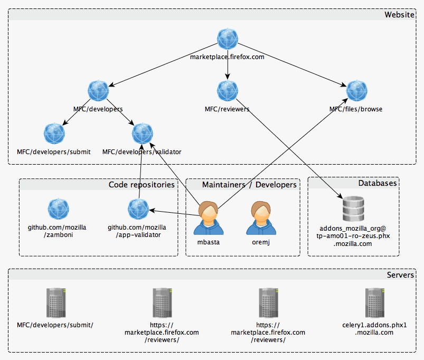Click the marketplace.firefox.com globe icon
pyautogui.click(x=228, y=39)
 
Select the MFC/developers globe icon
pyautogui.click(x=98, y=91)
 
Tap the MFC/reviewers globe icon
pyautogui.click(x=228, y=91)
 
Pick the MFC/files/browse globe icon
pyautogui.click(x=356, y=91)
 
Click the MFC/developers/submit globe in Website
pyautogui.click(x=54, y=134)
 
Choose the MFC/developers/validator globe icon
pyautogui.click(x=143, y=134)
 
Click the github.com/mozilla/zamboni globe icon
pyautogui.click(x=59, y=209)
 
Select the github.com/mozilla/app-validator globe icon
pyautogui.click(x=138, y=209)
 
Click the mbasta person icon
pyautogui.click(x=208, y=218)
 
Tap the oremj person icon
pyautogui.click(x=261, y=218)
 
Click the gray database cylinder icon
pyautogui.click(x=353, y=209)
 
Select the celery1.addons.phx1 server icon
pyautogui.click(x=374, y=302)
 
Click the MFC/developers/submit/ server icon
pyautogui.click(x=56, y=302)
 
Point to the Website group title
pyautogui.click(x=399, y=15)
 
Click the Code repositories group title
pyautogui.click(x=142, y=185)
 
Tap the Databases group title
pyautogui.click(x=378, y=183)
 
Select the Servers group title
pyautogui.click(x=400, y=275)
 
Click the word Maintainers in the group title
pyautogui.click(x=224, y=185)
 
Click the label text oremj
pyautogui.click(x=261, y=242)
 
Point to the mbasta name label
pyautogui.click(x=208, y=242)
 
